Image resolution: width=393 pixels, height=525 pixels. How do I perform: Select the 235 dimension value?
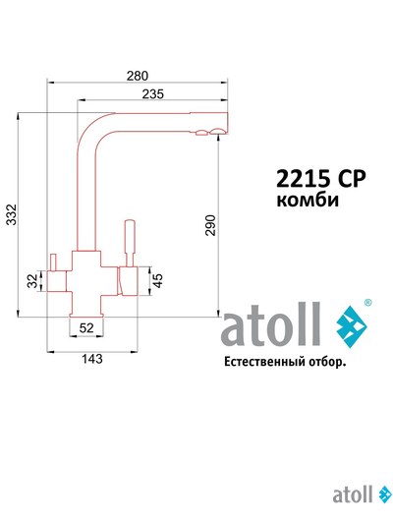[x=151, y=94]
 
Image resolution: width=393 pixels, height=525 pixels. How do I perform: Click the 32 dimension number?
[x=31, y=282]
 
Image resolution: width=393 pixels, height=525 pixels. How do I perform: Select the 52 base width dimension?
[x=86, y=327]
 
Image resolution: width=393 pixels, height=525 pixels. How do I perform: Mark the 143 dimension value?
[x=90, y=359]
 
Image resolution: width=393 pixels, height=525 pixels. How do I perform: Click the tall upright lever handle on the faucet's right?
[x=127, y=241]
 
